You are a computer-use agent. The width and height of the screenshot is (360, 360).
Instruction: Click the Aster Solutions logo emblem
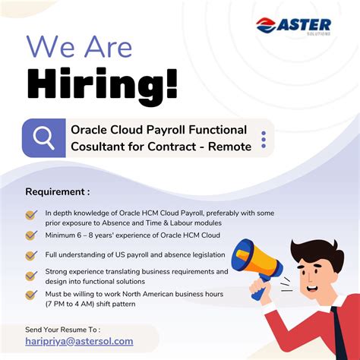[267, 27]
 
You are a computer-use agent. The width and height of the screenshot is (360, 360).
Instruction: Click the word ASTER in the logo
[308, 24]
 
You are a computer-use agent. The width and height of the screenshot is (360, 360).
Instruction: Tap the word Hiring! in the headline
[103, 84]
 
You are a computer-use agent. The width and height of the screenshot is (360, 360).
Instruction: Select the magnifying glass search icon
[44, 137]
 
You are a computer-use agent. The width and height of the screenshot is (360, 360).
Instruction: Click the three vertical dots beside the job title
[264, 138]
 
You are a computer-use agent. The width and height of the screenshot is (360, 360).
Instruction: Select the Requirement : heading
[57, 191]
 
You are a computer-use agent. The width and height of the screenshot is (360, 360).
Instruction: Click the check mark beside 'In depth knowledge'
[31, 216]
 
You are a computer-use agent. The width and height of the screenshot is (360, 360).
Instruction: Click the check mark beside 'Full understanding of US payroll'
[31, 255]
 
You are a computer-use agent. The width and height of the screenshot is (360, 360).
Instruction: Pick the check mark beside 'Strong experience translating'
[31, 276]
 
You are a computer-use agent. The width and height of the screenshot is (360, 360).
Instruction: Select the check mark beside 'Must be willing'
[31, 295]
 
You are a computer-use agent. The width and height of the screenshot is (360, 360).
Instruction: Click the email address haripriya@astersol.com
[79, 342]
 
